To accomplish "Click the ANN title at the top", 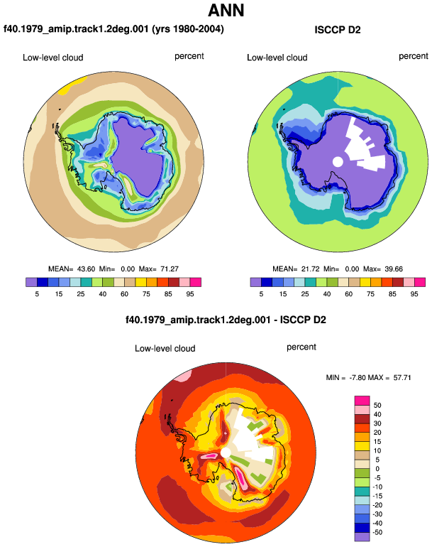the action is coord(226,10).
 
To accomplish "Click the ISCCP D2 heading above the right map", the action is coord(337,30).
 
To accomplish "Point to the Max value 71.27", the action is coord(170,269).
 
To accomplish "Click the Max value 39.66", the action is coord(394,269).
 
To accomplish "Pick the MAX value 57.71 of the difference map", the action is coord(402,377).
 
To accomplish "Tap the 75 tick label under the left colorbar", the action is coord(146,294).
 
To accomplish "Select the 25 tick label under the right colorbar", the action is coord(305,294).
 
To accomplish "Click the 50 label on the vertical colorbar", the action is coord(377,406).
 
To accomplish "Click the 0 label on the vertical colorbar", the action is coord(377,469).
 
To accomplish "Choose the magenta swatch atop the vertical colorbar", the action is coord(362,401).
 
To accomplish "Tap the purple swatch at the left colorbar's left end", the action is coord(31,282).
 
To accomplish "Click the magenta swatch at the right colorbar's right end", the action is coord(420,282).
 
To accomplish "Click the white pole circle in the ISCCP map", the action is coord(338,161).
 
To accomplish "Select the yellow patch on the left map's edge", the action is coord(72,85).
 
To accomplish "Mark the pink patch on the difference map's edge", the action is coord(182,377).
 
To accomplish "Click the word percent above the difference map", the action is coord(301,347).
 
